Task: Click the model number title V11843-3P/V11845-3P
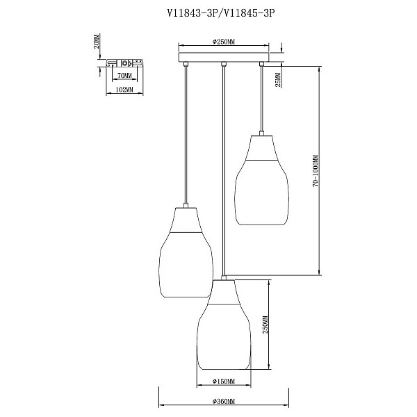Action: click(x=221, y=13)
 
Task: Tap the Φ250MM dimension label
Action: click(x=224, y=42)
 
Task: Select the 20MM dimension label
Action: click(x=97, y=41)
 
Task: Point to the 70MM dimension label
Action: click(x=124, y=76)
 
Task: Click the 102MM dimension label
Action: click(x=124, y=90)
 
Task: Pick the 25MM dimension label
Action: click(x=278, y=80)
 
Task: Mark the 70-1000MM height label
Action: click(x=316, y=171)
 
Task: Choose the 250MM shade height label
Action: click(x=265, y=324)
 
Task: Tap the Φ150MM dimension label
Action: click(x=224, y=382)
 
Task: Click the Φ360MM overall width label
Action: click(x=224, y=401)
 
